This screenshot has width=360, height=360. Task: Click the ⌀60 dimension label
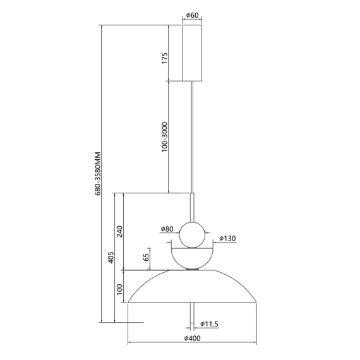[192, 15]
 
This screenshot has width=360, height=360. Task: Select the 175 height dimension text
[165, 58]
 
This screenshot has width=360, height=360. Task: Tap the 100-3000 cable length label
[165, 137]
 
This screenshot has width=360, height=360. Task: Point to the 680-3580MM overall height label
[98, 174]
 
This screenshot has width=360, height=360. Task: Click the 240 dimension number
[119, 231]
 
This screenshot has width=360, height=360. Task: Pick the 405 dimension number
[111, 258]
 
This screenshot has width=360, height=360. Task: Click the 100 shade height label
[119, 289]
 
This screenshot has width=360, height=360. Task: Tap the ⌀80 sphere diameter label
[167, 229]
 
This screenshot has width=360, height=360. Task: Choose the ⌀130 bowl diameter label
[227, 239]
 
